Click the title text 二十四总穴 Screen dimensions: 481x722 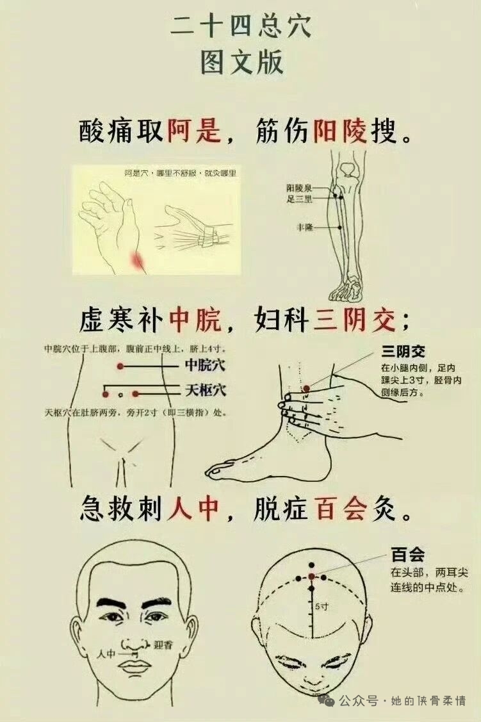[241, 26]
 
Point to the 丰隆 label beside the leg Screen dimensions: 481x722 [305, 227]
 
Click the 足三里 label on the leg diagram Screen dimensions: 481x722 [300, 199]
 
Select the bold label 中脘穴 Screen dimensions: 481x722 [206, 365]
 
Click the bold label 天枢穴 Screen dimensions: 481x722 [206, 391]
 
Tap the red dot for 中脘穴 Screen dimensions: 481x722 [120, 366]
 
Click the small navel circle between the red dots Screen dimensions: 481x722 [120, 395]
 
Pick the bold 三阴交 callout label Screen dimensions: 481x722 [403, 352]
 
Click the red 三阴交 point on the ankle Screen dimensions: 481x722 [307, 389]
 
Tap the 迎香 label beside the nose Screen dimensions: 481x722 [163, 644]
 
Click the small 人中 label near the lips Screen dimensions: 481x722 [106, 653]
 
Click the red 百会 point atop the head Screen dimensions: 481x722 [312, 576]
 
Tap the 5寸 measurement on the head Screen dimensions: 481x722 [322, 607]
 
